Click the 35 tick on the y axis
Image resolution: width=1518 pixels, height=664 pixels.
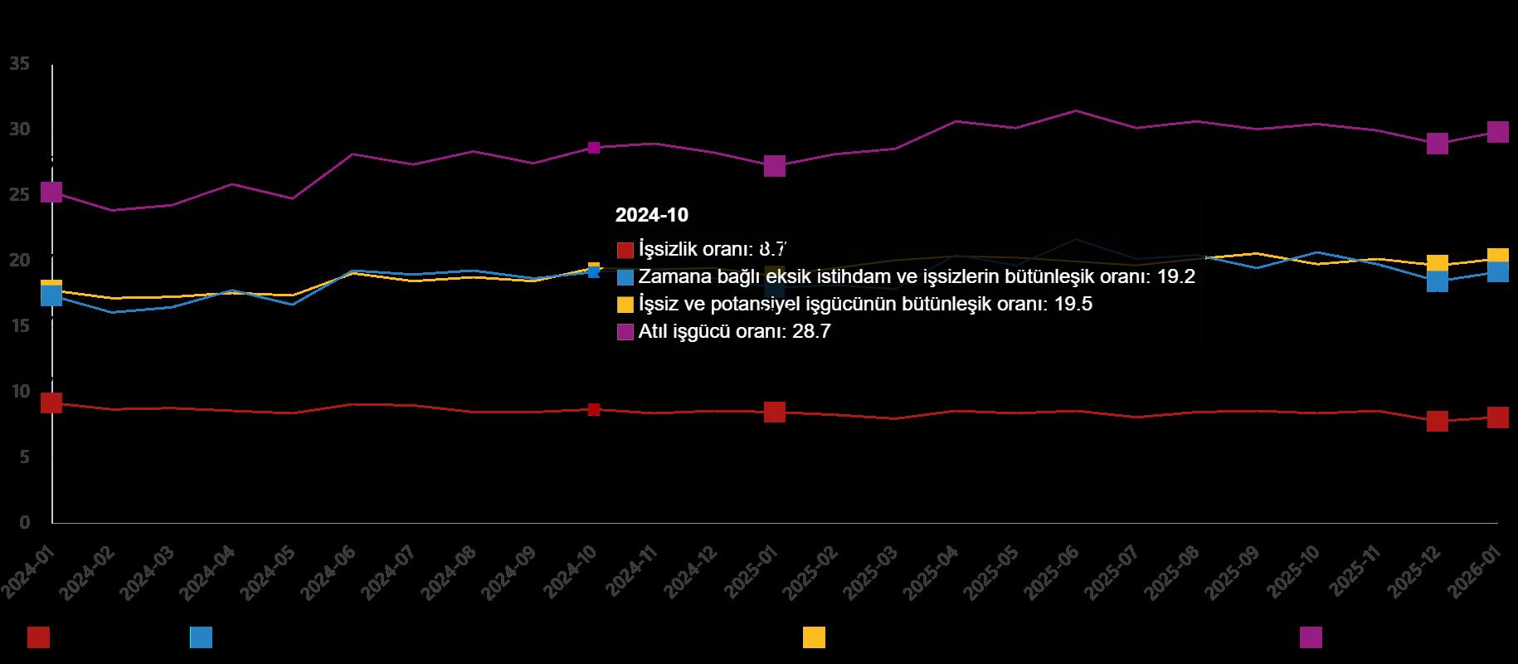[20, 64]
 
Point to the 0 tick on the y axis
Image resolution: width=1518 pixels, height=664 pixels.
[24, 522]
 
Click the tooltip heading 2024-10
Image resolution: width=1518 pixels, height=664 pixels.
[651, 215]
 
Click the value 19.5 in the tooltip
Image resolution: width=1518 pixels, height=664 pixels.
[1073, 305]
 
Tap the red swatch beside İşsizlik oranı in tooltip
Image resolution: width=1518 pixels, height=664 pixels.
[625, 250]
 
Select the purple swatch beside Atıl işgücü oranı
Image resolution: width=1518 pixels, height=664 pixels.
[625, 332]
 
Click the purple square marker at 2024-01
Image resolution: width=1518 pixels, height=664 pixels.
[51, 192]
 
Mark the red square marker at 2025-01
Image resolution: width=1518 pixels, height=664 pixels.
[774, 412]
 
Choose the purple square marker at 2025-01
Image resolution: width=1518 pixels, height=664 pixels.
[774, 166]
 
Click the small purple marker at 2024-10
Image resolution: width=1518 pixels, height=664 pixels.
[594, 148]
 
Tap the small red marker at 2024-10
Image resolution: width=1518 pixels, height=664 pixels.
[594, 409]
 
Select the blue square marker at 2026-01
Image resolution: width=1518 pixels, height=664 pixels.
[1497, 271]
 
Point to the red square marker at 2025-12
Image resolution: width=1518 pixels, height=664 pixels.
[1438, 421]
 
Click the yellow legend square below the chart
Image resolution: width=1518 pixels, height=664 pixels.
[814, 637]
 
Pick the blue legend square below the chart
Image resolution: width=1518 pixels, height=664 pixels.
[201, 637]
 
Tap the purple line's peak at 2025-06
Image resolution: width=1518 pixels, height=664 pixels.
[1076, 110]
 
